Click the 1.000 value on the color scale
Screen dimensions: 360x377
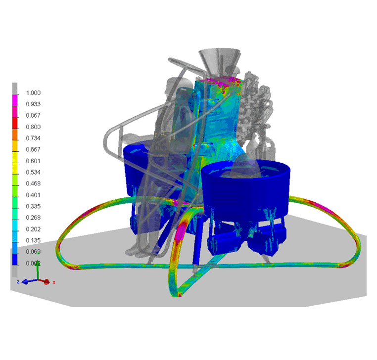[34, 93]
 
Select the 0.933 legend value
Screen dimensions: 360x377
[34, 104]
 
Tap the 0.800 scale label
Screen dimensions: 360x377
[34, 127]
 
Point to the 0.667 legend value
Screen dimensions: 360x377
[34, 150]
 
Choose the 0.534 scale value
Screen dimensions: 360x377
[34, 173]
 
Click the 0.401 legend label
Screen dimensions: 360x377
[34, 195]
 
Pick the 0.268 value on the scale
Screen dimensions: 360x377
[34, 218]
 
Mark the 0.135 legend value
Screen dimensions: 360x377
[34, 241]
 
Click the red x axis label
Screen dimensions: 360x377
[54, 282]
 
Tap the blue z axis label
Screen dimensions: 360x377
[18, 281]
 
